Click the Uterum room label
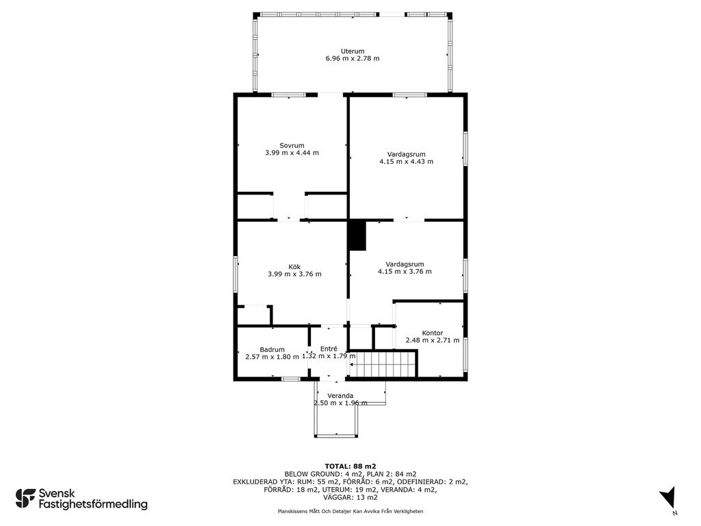tap(353, 51)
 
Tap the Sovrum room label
tap(292, 145)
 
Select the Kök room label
tap(294, 267)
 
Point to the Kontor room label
tap(433, 333)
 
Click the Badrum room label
tap(272, 350)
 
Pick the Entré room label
tap(329, 349)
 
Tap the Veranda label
tap(340, 396)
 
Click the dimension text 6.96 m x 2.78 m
tap(353, 58)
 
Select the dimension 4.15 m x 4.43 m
tap(406, 162)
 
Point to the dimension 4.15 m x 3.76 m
tap(405, 271)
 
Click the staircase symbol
tap(383, 364)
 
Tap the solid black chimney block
tap(357, 236)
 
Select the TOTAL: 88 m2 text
tap(350, 466)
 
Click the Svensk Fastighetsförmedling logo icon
tap(25, 499)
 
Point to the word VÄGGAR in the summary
tap(338, 497)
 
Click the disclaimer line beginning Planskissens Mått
tap(350, 511)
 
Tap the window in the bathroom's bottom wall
tap(290, 379)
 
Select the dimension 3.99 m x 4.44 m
tap(292, 153)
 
